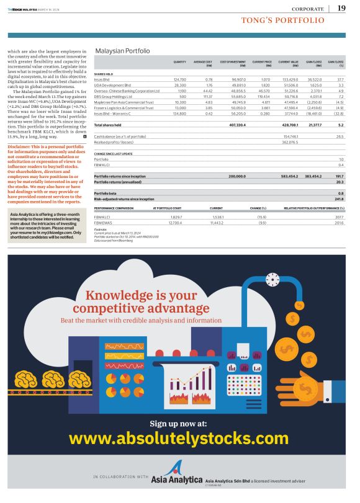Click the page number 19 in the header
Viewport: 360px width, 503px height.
coord(341,8)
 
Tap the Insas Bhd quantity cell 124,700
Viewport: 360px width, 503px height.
coord(179,79)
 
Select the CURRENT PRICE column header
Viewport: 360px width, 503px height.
coord(262,63)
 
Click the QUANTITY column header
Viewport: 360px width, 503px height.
coord(180,63)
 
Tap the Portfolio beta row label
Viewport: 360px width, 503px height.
coord(105,194)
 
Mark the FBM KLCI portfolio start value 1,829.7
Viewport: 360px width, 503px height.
coord(175,217)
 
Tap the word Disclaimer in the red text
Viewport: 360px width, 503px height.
coord(19,146)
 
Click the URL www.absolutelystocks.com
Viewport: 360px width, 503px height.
coord(179,438)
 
